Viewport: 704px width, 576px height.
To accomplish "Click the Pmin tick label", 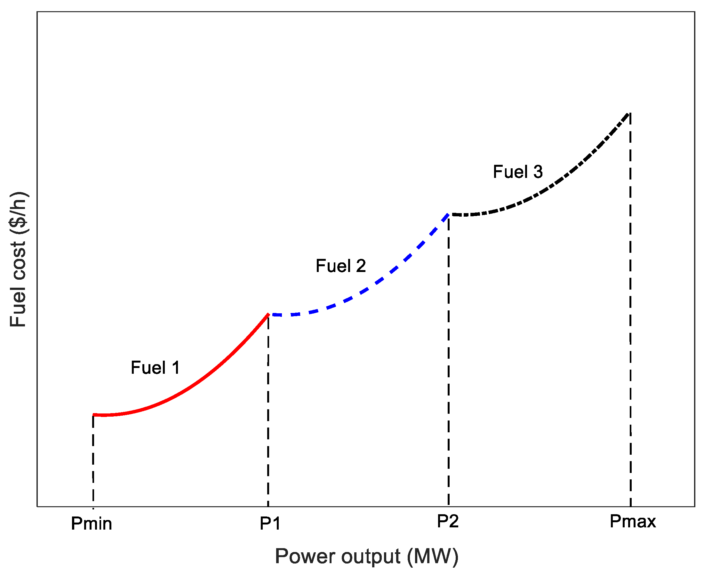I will click(92, 524).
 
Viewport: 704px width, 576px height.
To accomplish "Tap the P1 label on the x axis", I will click(270, 524).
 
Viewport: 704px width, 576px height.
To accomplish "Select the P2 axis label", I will click(448, 521).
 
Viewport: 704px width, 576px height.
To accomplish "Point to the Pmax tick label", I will click(632, 521).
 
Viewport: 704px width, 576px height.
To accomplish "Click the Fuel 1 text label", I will click(155, 368).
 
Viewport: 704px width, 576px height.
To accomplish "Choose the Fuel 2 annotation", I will click(340, 266).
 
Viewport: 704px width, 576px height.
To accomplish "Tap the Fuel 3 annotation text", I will click(517, 172).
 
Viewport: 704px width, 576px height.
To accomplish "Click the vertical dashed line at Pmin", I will click(93, 465).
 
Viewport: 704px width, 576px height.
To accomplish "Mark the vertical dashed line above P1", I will click(268, 415).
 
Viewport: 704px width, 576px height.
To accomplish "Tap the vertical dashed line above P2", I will click(449, 365).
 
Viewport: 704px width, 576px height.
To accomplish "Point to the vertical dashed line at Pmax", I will click(630, 315).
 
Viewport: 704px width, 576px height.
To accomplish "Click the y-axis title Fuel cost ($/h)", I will click(18, 260).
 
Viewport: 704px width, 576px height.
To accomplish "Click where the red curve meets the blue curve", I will click(268, 314).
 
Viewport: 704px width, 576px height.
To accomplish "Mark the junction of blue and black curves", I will click(449, 214).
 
